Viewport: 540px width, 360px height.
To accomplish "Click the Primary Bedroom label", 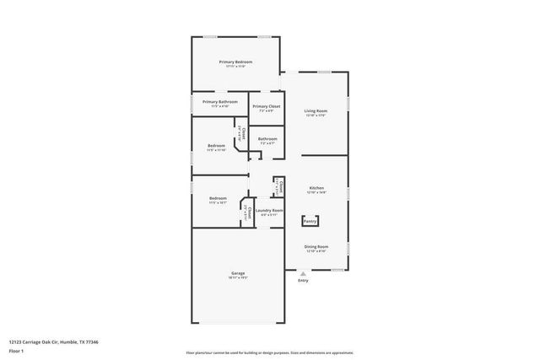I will [x=235, y=62].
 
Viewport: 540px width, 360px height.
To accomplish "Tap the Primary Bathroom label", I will [x=220, y=102].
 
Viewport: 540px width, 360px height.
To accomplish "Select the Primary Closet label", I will [x=265, y=106].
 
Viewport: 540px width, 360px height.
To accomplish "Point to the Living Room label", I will [x=316, y=110].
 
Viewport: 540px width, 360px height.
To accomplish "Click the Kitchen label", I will [x=316, y=188].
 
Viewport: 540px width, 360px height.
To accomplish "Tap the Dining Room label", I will [x=316, y=246].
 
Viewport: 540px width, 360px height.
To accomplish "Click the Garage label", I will [x=239, y=273].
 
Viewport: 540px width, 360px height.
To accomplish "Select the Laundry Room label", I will [x=269, y=210].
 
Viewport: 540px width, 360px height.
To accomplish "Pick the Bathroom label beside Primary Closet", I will [x=267, y=138].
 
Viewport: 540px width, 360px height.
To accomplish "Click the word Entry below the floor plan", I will [x=304, y=281].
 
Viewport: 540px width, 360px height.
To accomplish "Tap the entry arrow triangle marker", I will [x=304, y=272].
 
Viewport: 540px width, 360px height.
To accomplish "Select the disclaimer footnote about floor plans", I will [x=270, y=352].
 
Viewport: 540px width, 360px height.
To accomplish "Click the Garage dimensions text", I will [x=239, y=277].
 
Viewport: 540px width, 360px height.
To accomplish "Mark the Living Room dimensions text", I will [x=316, y=115].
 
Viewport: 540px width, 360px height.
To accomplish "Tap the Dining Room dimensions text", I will [x=316, y=250].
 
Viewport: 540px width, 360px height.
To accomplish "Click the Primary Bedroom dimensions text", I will [x=235, y=67].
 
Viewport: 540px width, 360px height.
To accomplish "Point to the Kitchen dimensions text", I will [x=316, y=192].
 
